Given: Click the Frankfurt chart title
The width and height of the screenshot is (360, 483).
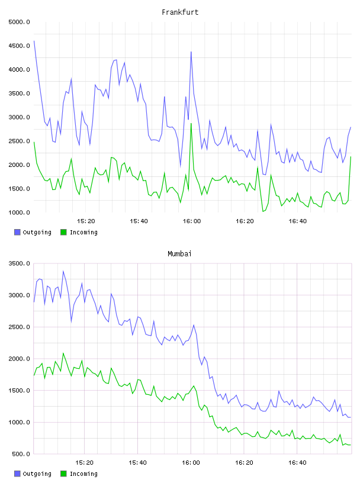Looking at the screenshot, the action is click(180, 12).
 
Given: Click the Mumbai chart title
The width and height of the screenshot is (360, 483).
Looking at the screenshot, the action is click(179, 253).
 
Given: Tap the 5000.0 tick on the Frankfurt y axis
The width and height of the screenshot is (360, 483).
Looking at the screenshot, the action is click(19, 22).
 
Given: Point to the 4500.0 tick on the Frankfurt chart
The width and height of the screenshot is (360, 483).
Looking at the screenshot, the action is click(19, 46).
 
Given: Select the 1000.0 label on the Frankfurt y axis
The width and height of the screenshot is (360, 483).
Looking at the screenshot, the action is click(19, 212).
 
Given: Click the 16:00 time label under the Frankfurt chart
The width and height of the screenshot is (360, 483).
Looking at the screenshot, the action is click(191, 221).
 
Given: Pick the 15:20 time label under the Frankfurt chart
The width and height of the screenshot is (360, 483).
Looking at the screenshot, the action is click(86, 221).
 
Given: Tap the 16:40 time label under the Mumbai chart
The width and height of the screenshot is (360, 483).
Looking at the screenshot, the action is click(297, 463).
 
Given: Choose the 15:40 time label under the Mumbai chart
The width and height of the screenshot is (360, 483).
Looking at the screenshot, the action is click(137, 463).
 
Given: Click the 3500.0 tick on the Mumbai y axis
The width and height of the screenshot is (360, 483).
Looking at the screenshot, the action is click(19, 263).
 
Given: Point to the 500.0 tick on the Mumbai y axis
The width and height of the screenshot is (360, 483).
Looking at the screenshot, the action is click(21, 454).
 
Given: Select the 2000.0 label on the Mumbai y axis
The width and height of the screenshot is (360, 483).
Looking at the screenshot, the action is click(19, 359).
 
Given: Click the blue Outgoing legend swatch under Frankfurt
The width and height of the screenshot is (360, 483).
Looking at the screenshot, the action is click(17, 232).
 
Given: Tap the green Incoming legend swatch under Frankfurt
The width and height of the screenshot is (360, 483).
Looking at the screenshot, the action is click(63, 232).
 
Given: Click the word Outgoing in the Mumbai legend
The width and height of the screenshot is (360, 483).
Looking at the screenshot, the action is click(37, 474).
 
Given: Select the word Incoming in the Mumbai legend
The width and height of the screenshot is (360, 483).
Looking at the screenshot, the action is click(83, 474).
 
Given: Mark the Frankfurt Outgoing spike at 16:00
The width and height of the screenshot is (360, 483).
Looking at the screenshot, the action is click(191, 51).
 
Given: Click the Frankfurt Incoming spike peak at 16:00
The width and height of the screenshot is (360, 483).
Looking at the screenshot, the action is click(191, 124).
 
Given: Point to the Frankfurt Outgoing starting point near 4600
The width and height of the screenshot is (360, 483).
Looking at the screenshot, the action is click(34, 41).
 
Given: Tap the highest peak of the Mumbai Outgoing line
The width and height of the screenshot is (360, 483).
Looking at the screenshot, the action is click(63, 271).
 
